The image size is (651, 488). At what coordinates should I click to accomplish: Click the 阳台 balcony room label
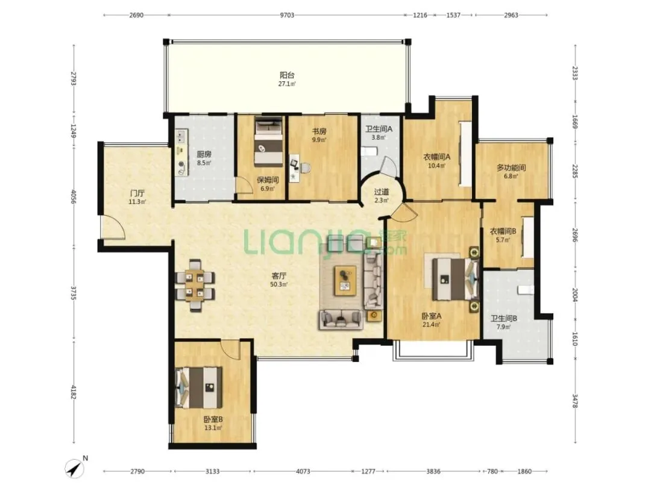click(287, 75)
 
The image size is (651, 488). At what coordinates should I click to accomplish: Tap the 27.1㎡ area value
click(287, 84)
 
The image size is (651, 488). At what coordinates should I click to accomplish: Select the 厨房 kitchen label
click(204, 154)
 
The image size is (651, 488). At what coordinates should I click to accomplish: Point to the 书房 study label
click(319, 131)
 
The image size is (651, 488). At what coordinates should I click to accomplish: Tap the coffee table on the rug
click(345, 281)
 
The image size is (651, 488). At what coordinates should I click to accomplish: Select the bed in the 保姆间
click(269, 141)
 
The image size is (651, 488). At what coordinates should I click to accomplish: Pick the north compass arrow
click(75, 469)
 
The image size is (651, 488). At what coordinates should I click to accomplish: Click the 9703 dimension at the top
click(287, 15)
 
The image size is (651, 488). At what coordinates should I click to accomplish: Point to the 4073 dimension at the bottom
click(303, 471)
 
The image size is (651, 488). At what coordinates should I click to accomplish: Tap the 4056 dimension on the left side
click(74, 196)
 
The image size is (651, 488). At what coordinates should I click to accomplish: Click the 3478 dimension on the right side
click(575, 401)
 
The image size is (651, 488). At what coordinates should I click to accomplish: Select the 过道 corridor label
click(382, 192)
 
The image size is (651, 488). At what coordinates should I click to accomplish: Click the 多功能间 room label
click(511, 167)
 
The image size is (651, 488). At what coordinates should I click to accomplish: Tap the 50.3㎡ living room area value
click(279, 284)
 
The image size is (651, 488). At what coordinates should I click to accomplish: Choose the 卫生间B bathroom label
click(503, 318)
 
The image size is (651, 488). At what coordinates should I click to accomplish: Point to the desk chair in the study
click(305, 168)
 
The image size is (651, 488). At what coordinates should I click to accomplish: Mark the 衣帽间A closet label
click(437, 157)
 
